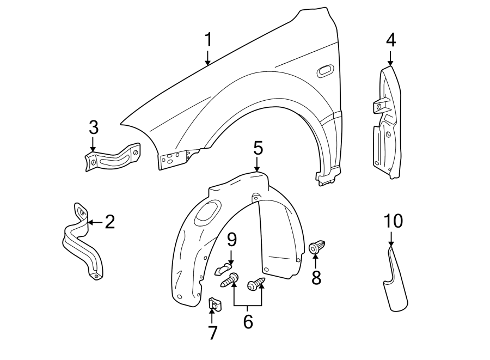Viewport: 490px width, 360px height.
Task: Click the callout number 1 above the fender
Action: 207,40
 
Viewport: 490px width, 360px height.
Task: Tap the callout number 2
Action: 109,222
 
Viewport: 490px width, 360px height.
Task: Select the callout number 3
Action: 93,128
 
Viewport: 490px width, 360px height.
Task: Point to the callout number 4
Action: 390,40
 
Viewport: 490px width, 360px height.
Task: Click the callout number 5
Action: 258,148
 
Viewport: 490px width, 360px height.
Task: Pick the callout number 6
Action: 248,322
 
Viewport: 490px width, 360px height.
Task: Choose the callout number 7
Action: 212,332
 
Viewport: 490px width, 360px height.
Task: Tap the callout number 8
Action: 316,277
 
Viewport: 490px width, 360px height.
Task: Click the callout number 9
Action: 232,239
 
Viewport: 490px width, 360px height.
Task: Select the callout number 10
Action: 393,221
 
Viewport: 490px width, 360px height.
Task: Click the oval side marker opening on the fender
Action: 324,70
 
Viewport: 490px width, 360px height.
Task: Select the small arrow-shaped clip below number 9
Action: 223,269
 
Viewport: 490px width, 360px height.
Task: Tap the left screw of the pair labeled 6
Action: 231,280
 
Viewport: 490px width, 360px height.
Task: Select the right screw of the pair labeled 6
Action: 256,284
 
